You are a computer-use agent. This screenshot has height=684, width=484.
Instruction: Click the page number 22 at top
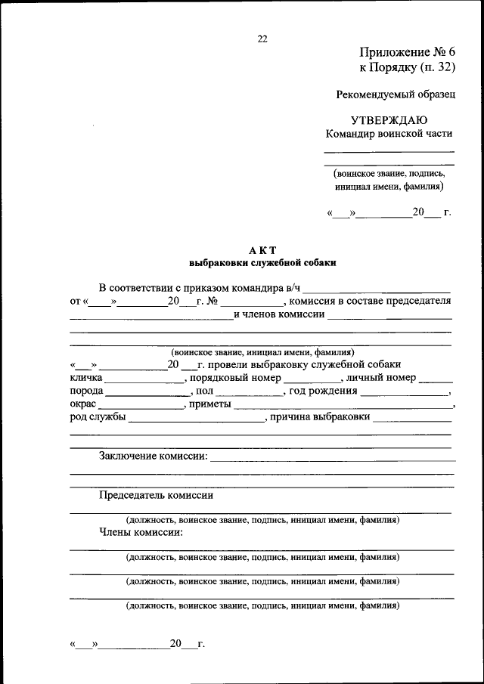tap(262, 39)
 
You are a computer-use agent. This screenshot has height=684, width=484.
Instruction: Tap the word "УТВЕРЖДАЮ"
tap(389, 120)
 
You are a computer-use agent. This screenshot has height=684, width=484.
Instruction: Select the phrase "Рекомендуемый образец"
tap(396, 94)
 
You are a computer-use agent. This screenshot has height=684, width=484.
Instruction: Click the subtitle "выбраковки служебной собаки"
tap(262, 263)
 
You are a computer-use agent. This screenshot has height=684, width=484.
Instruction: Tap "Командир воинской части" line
tap(389, 134)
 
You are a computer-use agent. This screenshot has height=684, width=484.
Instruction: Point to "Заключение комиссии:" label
tap(153, 456)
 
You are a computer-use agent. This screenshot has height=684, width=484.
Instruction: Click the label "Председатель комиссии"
tap(156, 496)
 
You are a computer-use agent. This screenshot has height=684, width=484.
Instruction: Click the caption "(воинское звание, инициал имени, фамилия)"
tap(262, 352)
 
